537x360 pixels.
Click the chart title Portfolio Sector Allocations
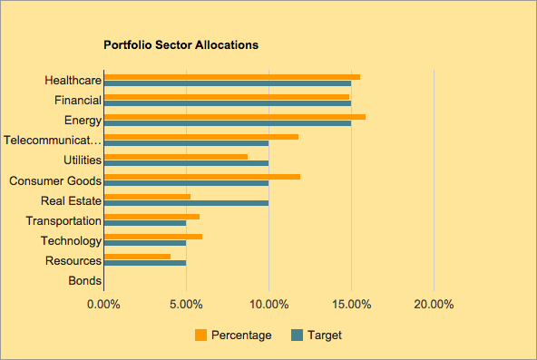181,44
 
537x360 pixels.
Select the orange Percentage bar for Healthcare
232,76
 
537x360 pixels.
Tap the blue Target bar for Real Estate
186,202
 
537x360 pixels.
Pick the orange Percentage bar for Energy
235,116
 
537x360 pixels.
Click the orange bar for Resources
138,257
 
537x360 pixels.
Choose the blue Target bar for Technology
145,243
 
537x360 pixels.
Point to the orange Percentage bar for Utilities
176,156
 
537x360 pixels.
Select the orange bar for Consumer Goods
202,176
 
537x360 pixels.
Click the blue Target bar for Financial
228,102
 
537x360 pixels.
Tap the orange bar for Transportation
151,216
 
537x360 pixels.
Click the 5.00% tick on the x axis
186,304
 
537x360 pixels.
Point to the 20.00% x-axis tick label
434,304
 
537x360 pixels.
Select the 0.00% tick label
103,304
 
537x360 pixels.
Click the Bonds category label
85,281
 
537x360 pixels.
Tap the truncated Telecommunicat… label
53,141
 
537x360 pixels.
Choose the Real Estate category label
72,200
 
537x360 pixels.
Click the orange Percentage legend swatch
201,335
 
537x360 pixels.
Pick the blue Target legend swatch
296,335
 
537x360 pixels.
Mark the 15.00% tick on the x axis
351,304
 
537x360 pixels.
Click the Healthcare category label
73,81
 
